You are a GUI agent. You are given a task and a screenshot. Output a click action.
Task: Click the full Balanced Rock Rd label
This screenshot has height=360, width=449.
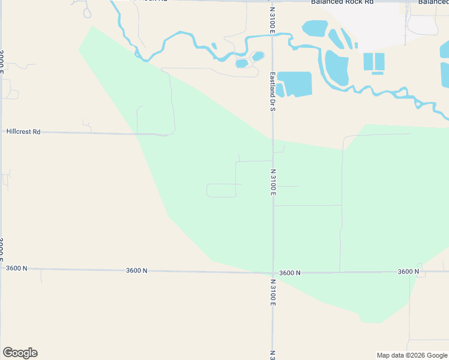tap(342, 2)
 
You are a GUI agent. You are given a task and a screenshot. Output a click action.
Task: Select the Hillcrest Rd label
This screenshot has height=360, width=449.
tap(23, 131)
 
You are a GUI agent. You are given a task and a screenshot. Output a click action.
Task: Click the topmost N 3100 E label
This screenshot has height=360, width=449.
tap(272, 19)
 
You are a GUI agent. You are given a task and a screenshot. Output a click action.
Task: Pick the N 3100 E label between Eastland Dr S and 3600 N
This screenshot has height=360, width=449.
tap(273, 182)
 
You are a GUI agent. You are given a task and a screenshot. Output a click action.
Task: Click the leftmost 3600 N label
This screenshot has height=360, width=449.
tap(17, 268)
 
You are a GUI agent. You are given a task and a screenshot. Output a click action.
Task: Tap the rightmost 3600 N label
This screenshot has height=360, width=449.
tap(408, 272)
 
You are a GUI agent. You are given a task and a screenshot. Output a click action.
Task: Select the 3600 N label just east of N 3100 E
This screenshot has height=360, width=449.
tap(290, 273)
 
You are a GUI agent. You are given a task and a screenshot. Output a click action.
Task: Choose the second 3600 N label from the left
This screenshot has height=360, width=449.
tap(137, 271)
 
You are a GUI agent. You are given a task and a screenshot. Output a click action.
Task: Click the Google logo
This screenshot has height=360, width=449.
tap(20, 353)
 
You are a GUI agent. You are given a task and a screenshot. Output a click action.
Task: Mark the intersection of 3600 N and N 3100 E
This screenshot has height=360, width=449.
tap(273, 273)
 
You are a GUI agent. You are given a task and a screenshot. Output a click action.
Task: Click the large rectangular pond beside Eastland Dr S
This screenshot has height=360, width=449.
tap(295, 84)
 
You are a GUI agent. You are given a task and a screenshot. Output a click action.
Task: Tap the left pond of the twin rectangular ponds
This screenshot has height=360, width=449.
tap(368, 61)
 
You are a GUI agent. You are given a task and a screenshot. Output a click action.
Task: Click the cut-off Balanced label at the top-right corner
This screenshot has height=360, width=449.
tap(433, 2)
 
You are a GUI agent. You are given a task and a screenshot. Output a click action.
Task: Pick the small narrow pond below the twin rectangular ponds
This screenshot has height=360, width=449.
tap(378, 73)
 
